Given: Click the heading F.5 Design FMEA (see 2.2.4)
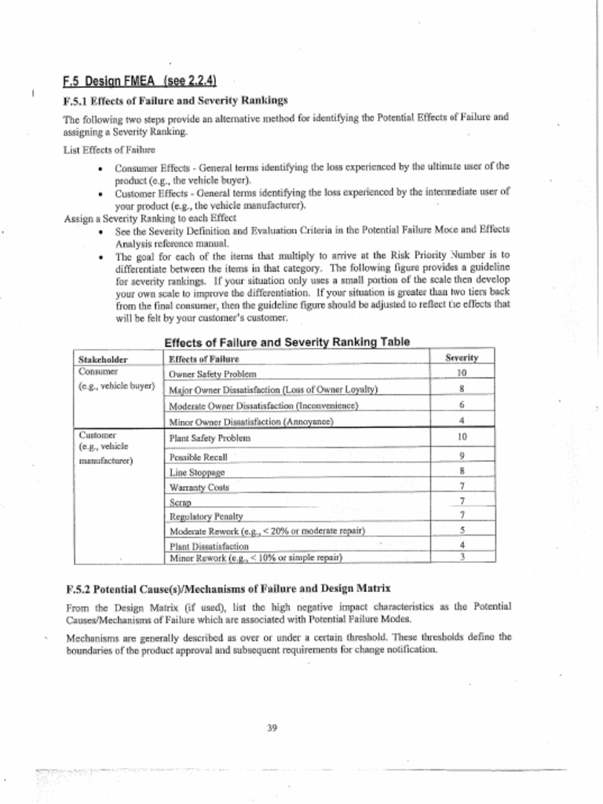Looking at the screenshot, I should point(139,81).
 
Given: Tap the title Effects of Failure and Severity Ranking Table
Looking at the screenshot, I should point(287,342).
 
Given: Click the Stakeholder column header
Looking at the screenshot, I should point(104,359).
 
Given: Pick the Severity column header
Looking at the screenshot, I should point(462,357).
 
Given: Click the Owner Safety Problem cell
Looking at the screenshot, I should point(213,375).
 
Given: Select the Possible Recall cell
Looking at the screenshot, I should point(199,457).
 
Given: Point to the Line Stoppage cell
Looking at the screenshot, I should point(197,473).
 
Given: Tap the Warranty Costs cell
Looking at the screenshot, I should point(199,488).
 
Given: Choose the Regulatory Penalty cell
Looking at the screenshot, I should point(206,517).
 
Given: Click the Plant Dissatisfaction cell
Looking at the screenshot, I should point(209,546).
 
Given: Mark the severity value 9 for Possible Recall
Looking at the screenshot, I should point(462,456).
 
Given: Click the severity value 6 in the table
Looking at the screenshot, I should point(462,405).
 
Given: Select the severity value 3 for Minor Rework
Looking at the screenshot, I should point(462,557).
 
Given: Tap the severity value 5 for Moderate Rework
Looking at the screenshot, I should point(462,530).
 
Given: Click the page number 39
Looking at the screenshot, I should point(272,728).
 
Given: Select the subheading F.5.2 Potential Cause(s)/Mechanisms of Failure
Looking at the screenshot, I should point(226,588).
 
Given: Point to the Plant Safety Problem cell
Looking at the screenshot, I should point(210,437).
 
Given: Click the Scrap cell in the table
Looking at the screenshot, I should point(181,502).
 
